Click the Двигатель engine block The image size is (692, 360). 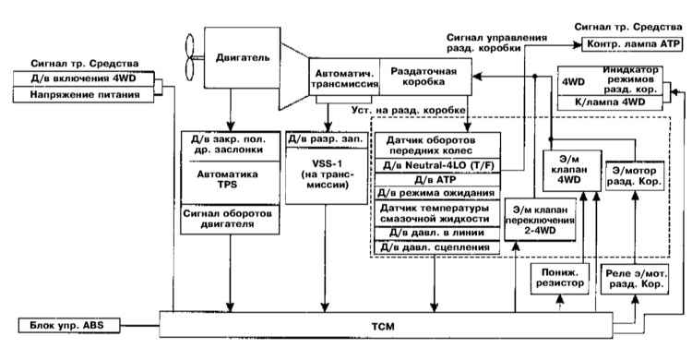pos(242,57)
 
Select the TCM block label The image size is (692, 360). pos(383,327)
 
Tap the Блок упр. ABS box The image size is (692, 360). pos(69,326)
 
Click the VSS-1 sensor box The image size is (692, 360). pos(327,175)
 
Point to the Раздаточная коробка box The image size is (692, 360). pos(425,77)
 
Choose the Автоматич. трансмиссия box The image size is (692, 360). pos(344,77)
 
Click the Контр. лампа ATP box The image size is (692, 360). pos(632,44)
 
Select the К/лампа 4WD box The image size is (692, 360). pos(611,102)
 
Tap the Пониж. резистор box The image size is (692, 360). pos(560,278)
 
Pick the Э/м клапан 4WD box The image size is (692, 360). pos(571,171)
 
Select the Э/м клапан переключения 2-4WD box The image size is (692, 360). pos(541,220)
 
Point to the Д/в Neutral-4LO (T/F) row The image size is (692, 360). pos(437,165)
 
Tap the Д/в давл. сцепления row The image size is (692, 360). pos(437,247)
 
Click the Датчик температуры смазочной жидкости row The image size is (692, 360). pos(437,213)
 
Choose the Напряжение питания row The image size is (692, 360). pos(83,94)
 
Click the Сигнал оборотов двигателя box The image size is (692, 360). pos(230,219)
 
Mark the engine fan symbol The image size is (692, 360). pos(189,57)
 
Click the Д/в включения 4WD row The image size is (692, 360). pos(83,78)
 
